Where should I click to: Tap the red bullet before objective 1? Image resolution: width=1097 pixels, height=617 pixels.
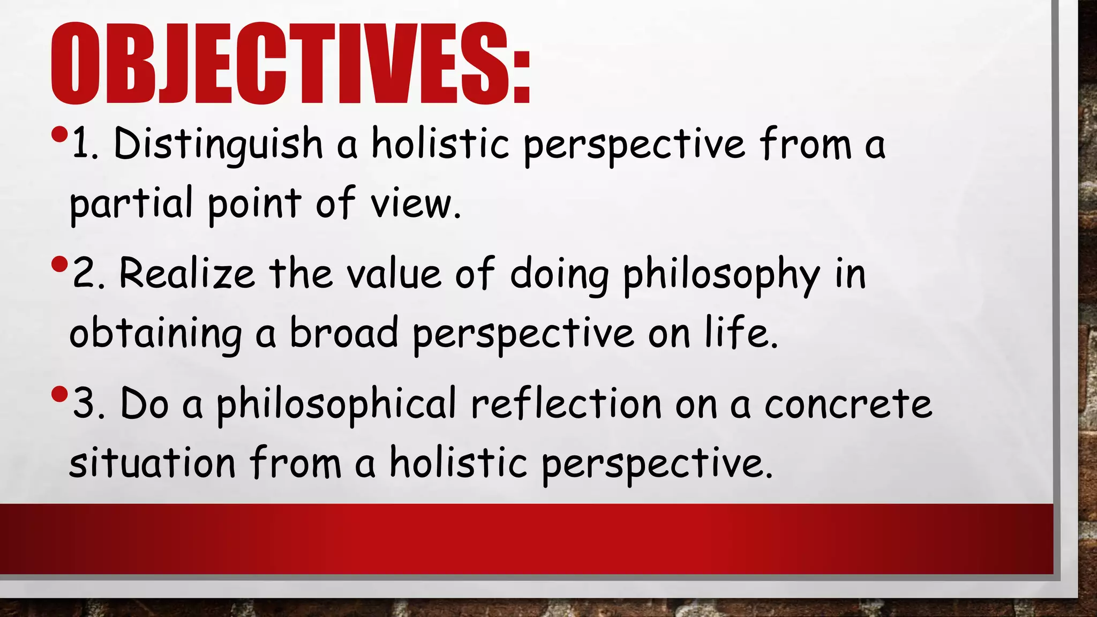(60, 134)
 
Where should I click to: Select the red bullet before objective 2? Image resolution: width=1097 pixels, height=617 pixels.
(60, 264)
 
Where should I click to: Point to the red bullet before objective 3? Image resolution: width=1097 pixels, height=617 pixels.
(60, 395)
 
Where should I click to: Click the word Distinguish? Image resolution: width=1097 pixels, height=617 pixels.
(218, 145)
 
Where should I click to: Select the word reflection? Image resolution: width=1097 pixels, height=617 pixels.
(566, 404)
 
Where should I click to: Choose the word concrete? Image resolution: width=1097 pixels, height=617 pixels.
(848, 405)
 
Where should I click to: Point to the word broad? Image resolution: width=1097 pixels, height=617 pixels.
(344, 332)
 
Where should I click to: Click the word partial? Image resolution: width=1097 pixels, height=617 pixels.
(131, 204)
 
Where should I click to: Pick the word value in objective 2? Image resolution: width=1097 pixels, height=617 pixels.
(394, 274)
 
